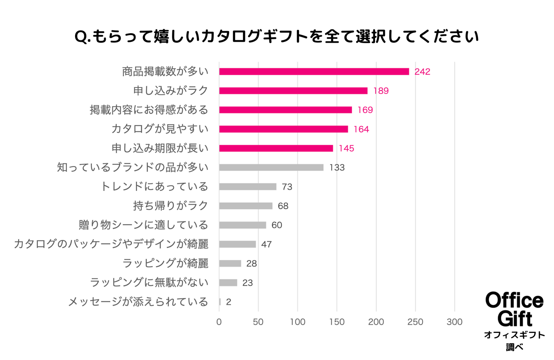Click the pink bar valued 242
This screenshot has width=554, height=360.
tap(314, 72)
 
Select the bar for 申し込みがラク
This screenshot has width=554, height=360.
tap(293, 91)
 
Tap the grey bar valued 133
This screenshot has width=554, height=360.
tap(271, 168)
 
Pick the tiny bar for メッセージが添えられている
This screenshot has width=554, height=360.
tap(220, 302)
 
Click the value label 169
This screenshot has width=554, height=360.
tap(365, 110)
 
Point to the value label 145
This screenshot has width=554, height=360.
tap(346, 148)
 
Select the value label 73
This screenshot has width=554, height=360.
tap(287, 187)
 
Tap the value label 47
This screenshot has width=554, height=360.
tap(266, 245)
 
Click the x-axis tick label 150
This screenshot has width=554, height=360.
tap(337, 322)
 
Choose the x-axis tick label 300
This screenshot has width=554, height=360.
tap(454, 322)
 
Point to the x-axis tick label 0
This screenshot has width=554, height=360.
tap(219, 322)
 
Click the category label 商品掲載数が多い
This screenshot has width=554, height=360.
tap(165, 71)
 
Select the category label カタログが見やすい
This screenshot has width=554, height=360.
tap(160, 129)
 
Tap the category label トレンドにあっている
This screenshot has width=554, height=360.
tap(154, 186)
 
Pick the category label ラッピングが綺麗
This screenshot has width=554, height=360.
tap(165, 263)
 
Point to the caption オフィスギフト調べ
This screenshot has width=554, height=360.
tap(514, 341)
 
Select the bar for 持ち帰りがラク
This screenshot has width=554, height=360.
tap(246, 206)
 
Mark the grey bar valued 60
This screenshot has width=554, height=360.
tap(242, 225)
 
